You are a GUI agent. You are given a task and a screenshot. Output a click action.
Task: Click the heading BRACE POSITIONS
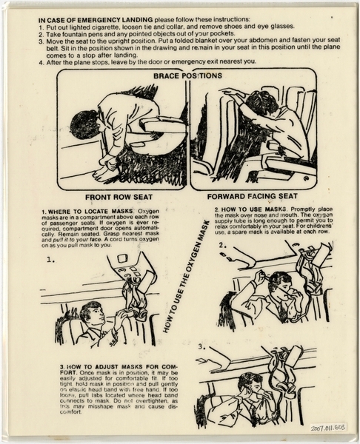(x=187, y=75)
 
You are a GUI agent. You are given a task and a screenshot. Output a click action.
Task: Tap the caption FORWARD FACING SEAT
(x=252, y=198)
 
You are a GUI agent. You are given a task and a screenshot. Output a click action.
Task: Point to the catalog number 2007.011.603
(x=327, y=427)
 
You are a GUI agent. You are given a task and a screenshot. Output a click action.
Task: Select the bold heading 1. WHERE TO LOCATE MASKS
(x=90, y=212)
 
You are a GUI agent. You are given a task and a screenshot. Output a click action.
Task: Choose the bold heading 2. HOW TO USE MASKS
(x=239, y=210)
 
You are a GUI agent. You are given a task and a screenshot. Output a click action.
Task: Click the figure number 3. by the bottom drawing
(x=201, y=346)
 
